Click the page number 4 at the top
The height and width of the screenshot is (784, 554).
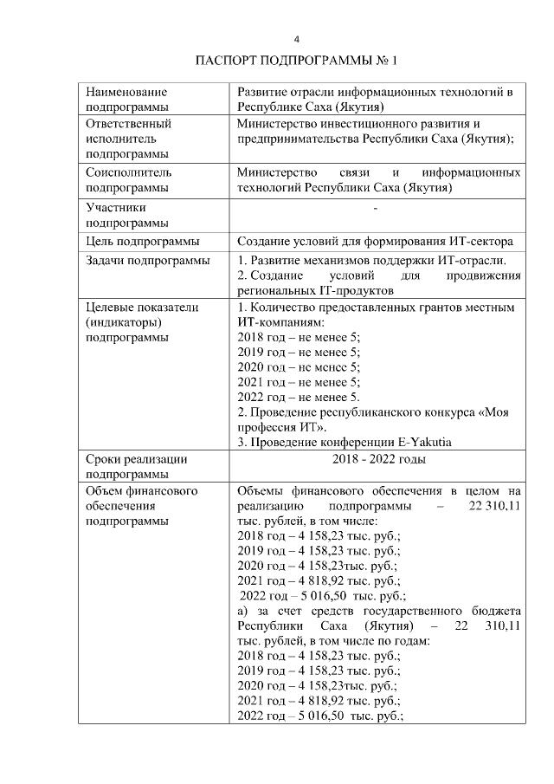[296, 39]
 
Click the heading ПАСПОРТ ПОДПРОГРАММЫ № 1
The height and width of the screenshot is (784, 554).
[296, 61]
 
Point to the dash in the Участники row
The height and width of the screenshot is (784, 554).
[374, 209]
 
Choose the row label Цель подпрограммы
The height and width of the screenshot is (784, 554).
[143, 241]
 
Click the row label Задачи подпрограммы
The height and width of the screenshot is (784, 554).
[147, 261]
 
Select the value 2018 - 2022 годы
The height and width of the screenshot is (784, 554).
[378, 459]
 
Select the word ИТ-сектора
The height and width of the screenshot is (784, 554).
[483, 241]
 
